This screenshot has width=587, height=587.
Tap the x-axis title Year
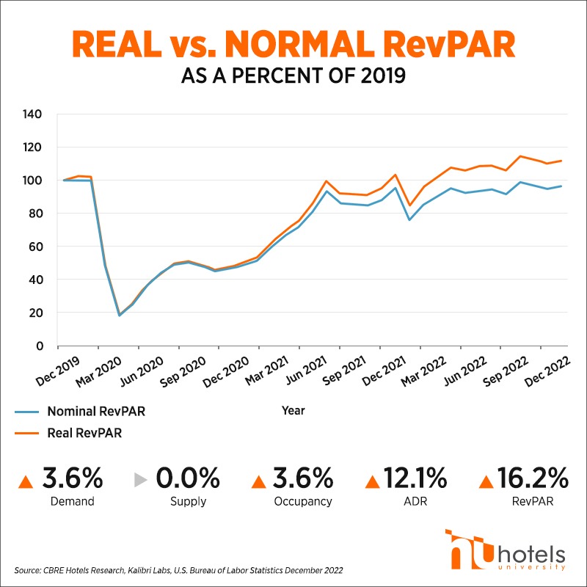point(293,411)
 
